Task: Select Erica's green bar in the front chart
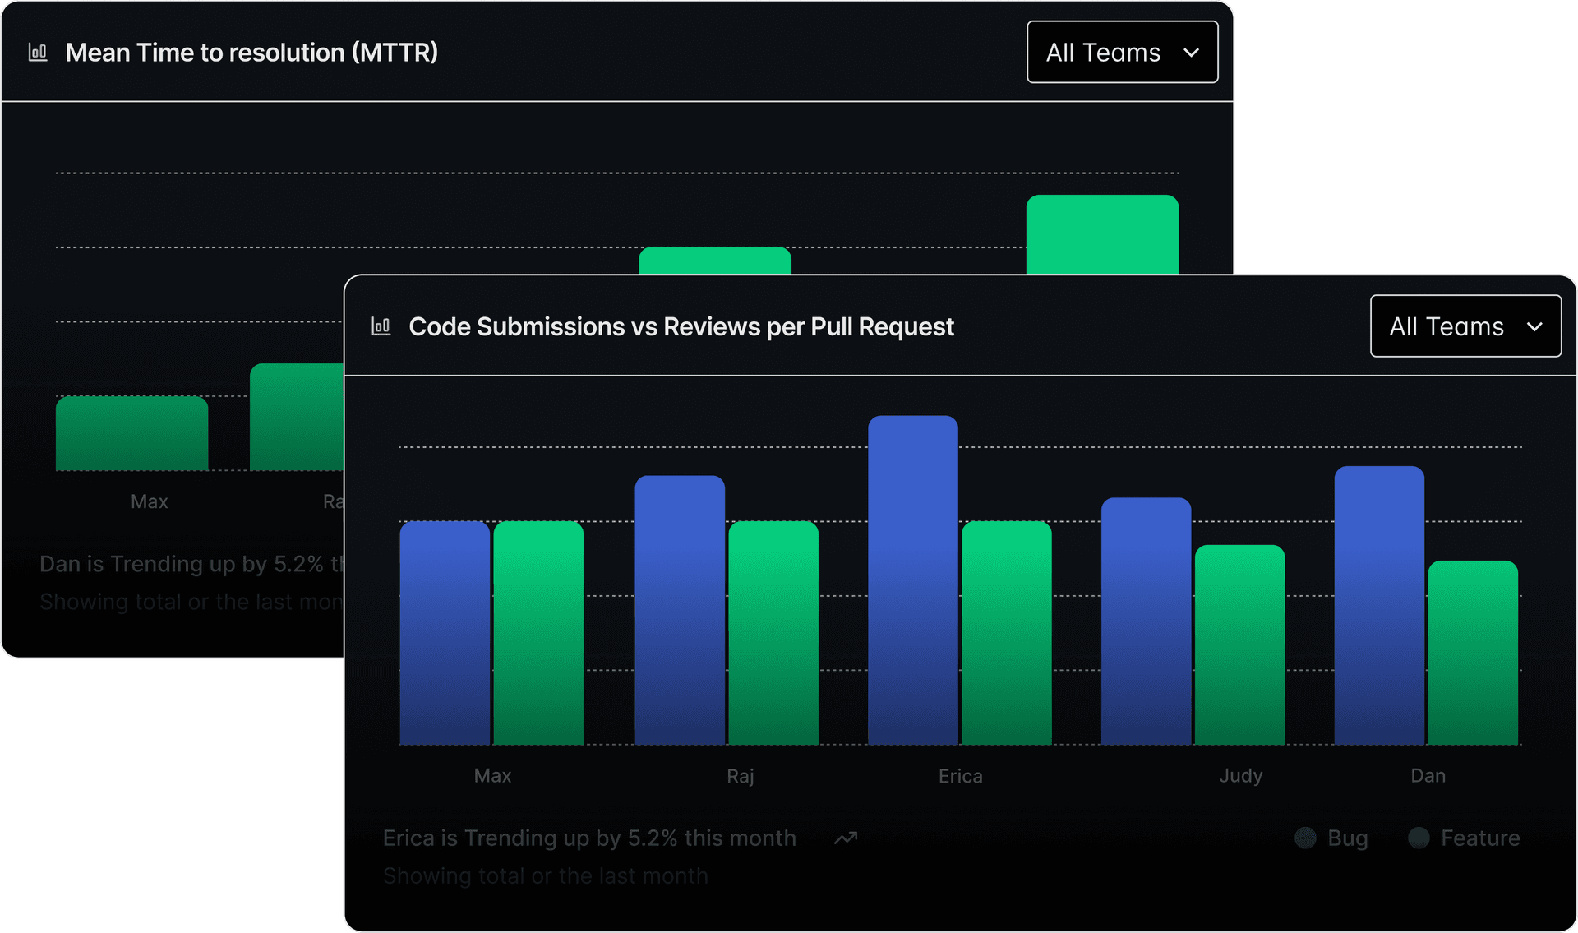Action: click(x=1007, y=633)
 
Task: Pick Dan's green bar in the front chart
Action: click(x=1473, y=653)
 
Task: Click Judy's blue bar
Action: click(x=1146, y=621)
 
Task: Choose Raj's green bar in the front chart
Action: click(x=773, y=633)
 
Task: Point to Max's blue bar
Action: click(x=445, y=633)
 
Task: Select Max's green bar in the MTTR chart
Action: click(x=131, y=433)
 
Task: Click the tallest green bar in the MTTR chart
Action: click(x=1102, y=234)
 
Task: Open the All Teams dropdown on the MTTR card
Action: click(x=1122, y=53)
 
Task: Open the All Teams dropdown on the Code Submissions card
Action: click(x=1465, y=326)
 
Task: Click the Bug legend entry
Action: click(x=1332, y=838)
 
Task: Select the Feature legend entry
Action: click(x=1465, y=838)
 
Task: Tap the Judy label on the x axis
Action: click(x=1240, y=775)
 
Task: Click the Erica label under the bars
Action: click(x=960, y=775)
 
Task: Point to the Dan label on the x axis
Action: click(x=1428, y=775)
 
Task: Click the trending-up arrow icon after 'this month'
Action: click(x=846, y=838)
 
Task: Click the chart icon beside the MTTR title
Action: click(x=38, y=53)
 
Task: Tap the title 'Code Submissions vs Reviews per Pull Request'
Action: click(x=681, y=326)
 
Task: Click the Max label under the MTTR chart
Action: click(x=149, y=501)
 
